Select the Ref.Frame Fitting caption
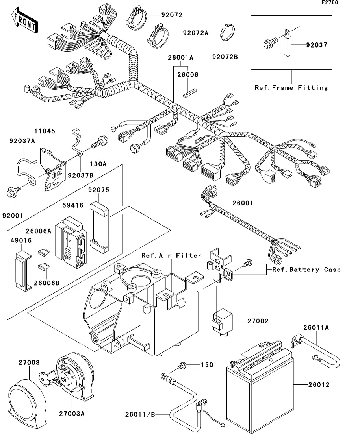tap(291, 87)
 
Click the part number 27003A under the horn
tap(72, 413)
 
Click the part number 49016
tap(19, 240)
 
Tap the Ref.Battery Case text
tap(306, 270)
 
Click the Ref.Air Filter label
tap(171, 255)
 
